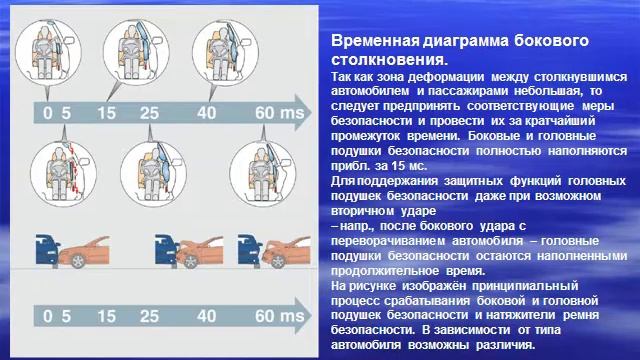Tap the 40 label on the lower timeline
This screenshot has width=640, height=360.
(207, 317)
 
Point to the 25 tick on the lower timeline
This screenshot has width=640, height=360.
(150, 317)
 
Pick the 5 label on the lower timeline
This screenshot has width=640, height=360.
(68, 317)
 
